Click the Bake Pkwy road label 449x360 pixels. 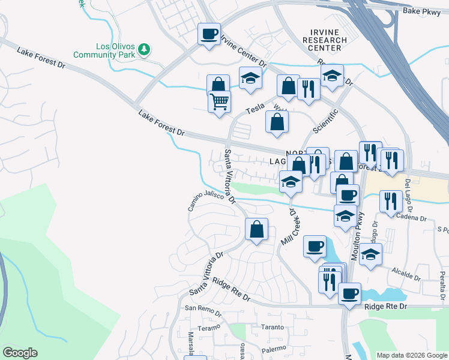click(422, 11)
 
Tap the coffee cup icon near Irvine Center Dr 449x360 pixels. click(209, 34)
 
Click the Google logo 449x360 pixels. click(20, 353)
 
